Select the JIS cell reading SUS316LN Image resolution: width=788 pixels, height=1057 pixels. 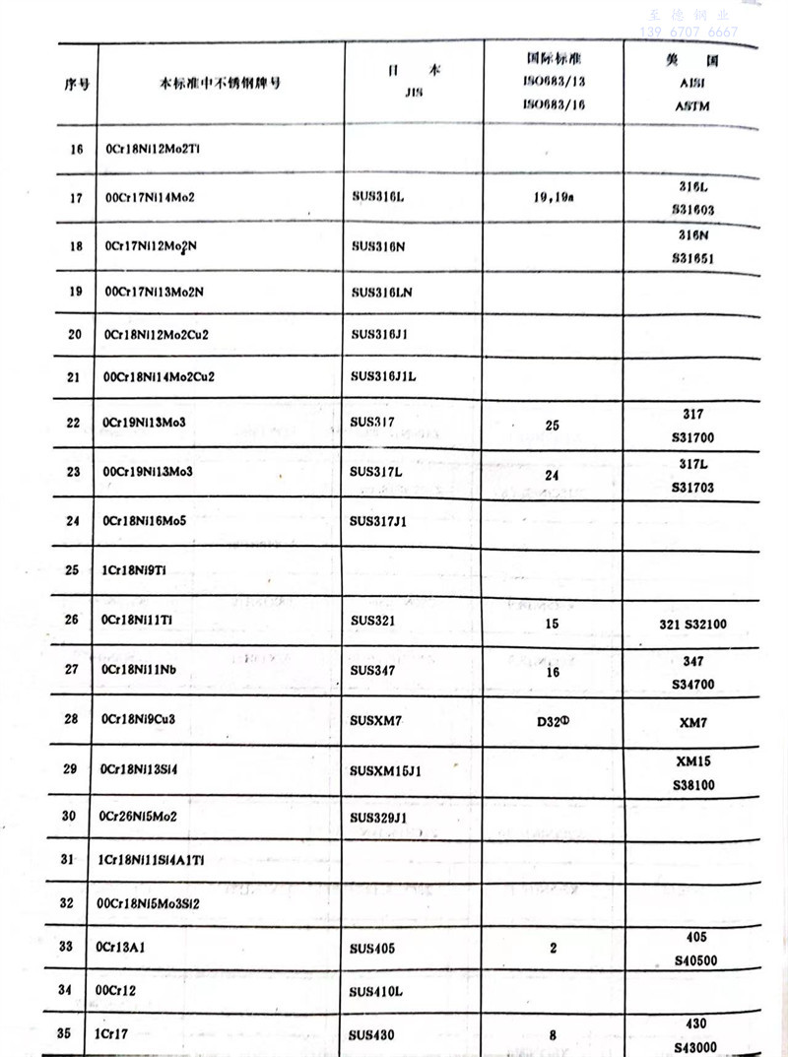point(381,293)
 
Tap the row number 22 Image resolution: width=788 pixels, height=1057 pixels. point(73,423)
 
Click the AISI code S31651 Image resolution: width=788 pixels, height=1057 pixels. point(692,259)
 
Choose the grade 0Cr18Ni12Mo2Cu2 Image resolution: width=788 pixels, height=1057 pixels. point(156,334)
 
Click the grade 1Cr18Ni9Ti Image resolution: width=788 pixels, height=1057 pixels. point(134,569)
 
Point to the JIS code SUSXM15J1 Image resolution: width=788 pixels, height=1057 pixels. point(385,770)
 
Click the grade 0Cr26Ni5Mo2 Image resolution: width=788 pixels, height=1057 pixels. point(138,816)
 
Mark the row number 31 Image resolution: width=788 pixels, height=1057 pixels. point(67,859)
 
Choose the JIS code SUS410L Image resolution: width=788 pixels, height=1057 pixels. point(377,990)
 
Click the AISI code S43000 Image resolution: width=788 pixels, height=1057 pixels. point(693,1047)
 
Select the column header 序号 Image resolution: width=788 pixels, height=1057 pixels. point(77,84)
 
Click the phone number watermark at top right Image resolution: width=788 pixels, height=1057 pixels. point(689,33)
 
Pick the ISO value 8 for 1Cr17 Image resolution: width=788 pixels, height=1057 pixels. point(553,1035)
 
